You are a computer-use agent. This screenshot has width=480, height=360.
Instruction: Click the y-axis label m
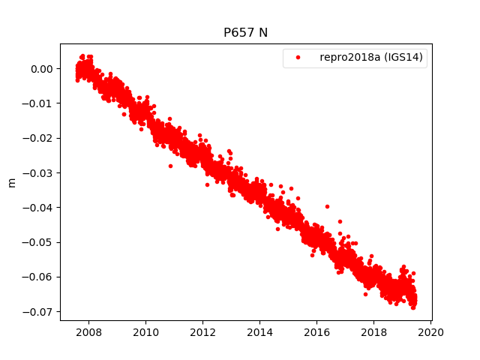pyautogui.click(x=11, y=182)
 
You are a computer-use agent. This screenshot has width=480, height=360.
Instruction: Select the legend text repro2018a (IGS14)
pyautogui.click(x=373, y=58)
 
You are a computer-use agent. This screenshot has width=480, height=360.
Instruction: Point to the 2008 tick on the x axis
pyautogui.click(x=88, y=331)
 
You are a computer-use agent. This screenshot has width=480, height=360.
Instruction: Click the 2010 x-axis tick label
pyautogui.click(x=145, y=331)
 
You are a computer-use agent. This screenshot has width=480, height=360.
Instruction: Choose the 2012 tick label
pyautogui.click(x=202, y=331)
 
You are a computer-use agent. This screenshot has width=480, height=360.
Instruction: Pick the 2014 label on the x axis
pyautogui.click(x=259, y=331)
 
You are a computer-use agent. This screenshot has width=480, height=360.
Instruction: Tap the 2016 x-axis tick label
pyautogui.click(x=316, y=331)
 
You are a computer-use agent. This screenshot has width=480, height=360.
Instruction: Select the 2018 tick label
pyautogui.click(x=373, y=331)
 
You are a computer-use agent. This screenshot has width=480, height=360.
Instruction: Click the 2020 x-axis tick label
pyautogui.click(x=430, y=331)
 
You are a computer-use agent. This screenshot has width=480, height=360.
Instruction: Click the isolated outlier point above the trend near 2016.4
pyautogui.click(x=327, y=206)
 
